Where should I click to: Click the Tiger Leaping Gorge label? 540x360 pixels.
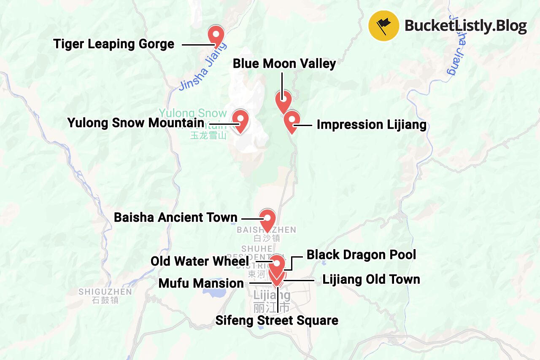pyautogui.click(x=114, y=44)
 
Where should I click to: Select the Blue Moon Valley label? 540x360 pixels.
pyautogui.click(x=284, y=64)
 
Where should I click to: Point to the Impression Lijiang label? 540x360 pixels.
pyautogui.click(x=371, y=125)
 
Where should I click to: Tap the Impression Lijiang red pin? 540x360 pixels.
pyautogui.click(x=291, y=121)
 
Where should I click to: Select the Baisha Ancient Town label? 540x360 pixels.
pyautogui.click(x=175, y=218)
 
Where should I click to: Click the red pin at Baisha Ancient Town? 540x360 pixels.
pyautogui.click(x=267, y=220)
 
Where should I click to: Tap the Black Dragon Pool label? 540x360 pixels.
pyautogui.click(x=361, y=255)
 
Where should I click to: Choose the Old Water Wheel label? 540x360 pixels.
pyautogui.click(x=200, y=261)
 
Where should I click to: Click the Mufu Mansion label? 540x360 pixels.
pyautogui.click(x=201, y=283)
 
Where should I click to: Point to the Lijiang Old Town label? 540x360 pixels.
pyautogui.click(x=371, y=279)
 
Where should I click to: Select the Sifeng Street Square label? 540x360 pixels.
pyautogui.click(x=277, y=320)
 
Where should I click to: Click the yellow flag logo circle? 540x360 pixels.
pyautogui.click(x=383, y=26)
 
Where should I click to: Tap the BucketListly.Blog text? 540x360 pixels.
pyautogui.click(x=466, y=26)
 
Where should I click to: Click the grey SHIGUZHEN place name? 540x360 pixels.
pyautogui.click(x=105, y=292)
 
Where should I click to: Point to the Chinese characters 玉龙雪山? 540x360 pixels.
pyautogui.click(x=208, y=136)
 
